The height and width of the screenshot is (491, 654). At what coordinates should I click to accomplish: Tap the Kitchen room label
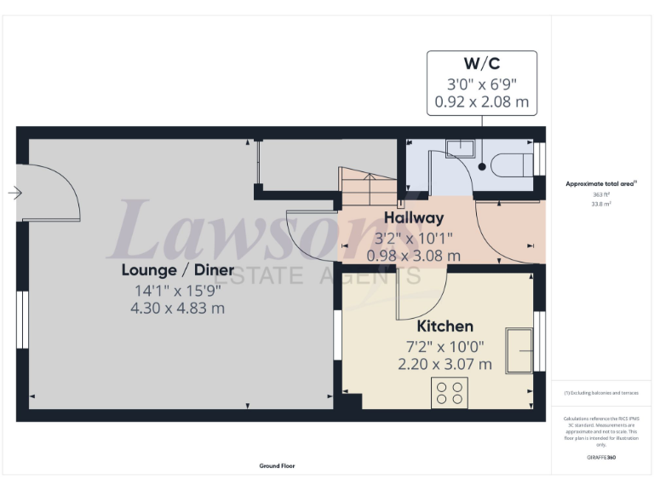click(445, 326)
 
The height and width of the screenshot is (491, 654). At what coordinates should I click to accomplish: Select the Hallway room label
click(413, 217)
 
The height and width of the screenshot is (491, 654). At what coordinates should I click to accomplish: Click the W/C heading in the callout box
click(481, 64)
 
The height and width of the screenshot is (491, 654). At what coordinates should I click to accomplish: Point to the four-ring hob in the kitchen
click(449, 392)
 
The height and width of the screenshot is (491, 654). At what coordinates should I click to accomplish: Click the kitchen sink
click(519, 349)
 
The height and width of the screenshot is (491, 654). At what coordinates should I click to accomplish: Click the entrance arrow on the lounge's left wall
click(14, 194)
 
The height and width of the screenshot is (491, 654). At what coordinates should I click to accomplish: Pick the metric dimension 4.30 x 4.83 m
click(177, 308)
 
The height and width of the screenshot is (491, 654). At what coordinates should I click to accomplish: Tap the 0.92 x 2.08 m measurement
click(481, 102)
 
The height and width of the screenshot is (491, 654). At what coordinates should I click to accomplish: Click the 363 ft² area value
click(601, 194)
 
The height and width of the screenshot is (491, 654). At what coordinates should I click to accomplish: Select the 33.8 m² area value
click(601, 205)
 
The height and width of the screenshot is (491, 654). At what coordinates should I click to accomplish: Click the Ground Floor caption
click(278, 466)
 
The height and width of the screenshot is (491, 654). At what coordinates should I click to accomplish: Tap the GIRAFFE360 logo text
click(601, 458)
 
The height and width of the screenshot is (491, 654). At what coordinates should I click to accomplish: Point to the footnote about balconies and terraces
click(600, 393)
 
